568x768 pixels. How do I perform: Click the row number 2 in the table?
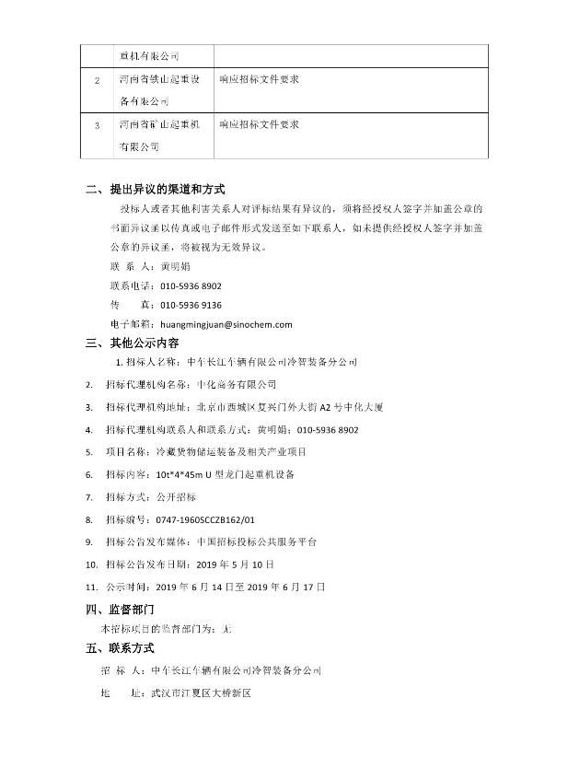[98, 80]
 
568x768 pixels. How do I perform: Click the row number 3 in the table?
[98, 125]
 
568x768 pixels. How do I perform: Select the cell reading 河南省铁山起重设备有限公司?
[158, 90]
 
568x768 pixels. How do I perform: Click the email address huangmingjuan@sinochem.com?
[226, 324]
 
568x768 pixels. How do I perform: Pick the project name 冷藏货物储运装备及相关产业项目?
[232, 452]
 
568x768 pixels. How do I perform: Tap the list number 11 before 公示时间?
[90, 586]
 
